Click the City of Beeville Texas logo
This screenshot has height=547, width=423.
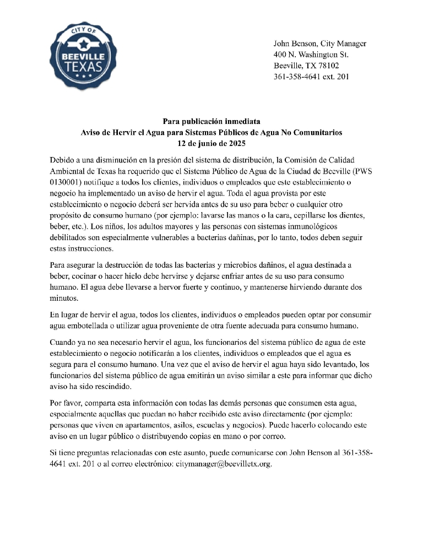click(83, 56)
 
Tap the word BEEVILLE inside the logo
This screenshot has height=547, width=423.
click(83, 56)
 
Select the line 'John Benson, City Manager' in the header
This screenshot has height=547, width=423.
click(320, 44)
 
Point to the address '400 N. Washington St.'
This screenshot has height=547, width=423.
click(311, 55)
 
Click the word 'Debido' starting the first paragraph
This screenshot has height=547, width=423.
click(62, 160)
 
